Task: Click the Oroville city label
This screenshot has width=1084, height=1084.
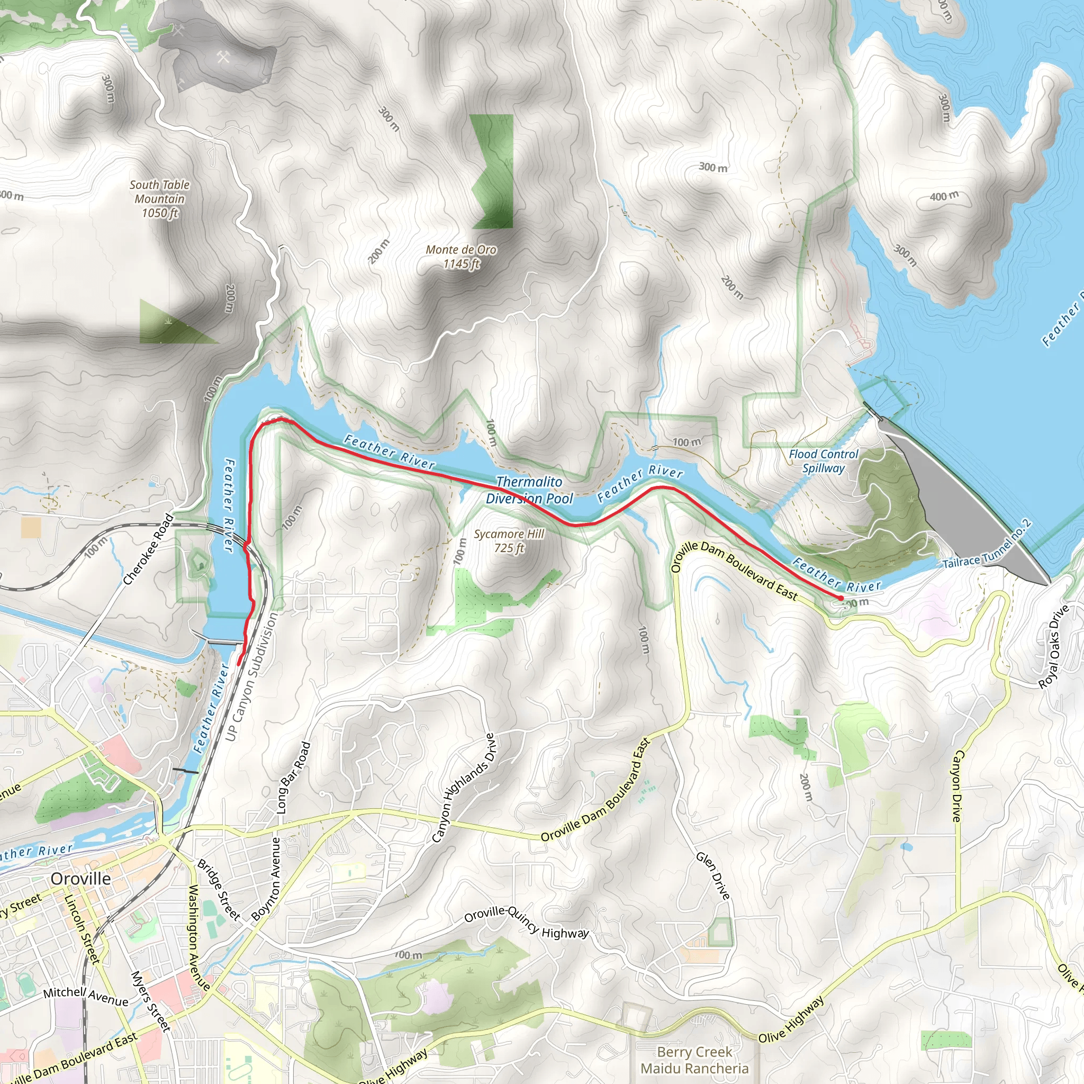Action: [x=81, y=878]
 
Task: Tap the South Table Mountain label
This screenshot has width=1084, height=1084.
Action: [x=159, y=198]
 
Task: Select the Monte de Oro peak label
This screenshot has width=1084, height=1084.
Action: [x=461, y=256]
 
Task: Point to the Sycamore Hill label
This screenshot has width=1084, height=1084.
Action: [x=509, y=541]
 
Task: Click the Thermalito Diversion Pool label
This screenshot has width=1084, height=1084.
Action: [x=529, y=490]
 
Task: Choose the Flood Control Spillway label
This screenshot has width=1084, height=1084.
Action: [x=823, y=460]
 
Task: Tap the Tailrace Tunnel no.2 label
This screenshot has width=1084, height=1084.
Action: [x=987, y=544]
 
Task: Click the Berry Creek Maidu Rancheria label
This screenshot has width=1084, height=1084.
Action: [x=694, y=1060]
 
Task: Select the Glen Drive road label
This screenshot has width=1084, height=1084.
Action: [x=713, y=876]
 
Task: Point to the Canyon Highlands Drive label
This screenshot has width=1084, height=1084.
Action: [x=464, y=788]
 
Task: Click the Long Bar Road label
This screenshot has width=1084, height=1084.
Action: [x=293, y=778]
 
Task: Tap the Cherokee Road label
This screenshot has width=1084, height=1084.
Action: [x=148, y=549]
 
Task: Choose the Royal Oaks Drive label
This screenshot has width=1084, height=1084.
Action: [x=1054, y=646]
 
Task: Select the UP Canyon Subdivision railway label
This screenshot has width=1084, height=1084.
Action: [x=251, y=676]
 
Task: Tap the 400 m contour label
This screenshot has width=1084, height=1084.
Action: [x=944, y=196]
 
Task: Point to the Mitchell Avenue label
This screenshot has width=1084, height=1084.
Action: [x=85, y=997]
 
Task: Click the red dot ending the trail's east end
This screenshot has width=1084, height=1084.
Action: [x=840, y=599]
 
